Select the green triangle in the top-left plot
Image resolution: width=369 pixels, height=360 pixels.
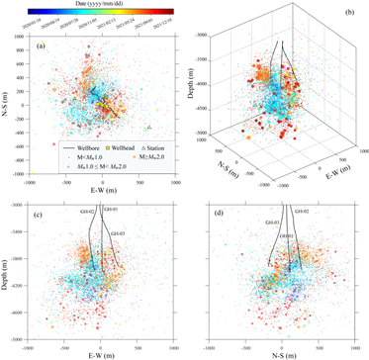point(145,130)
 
